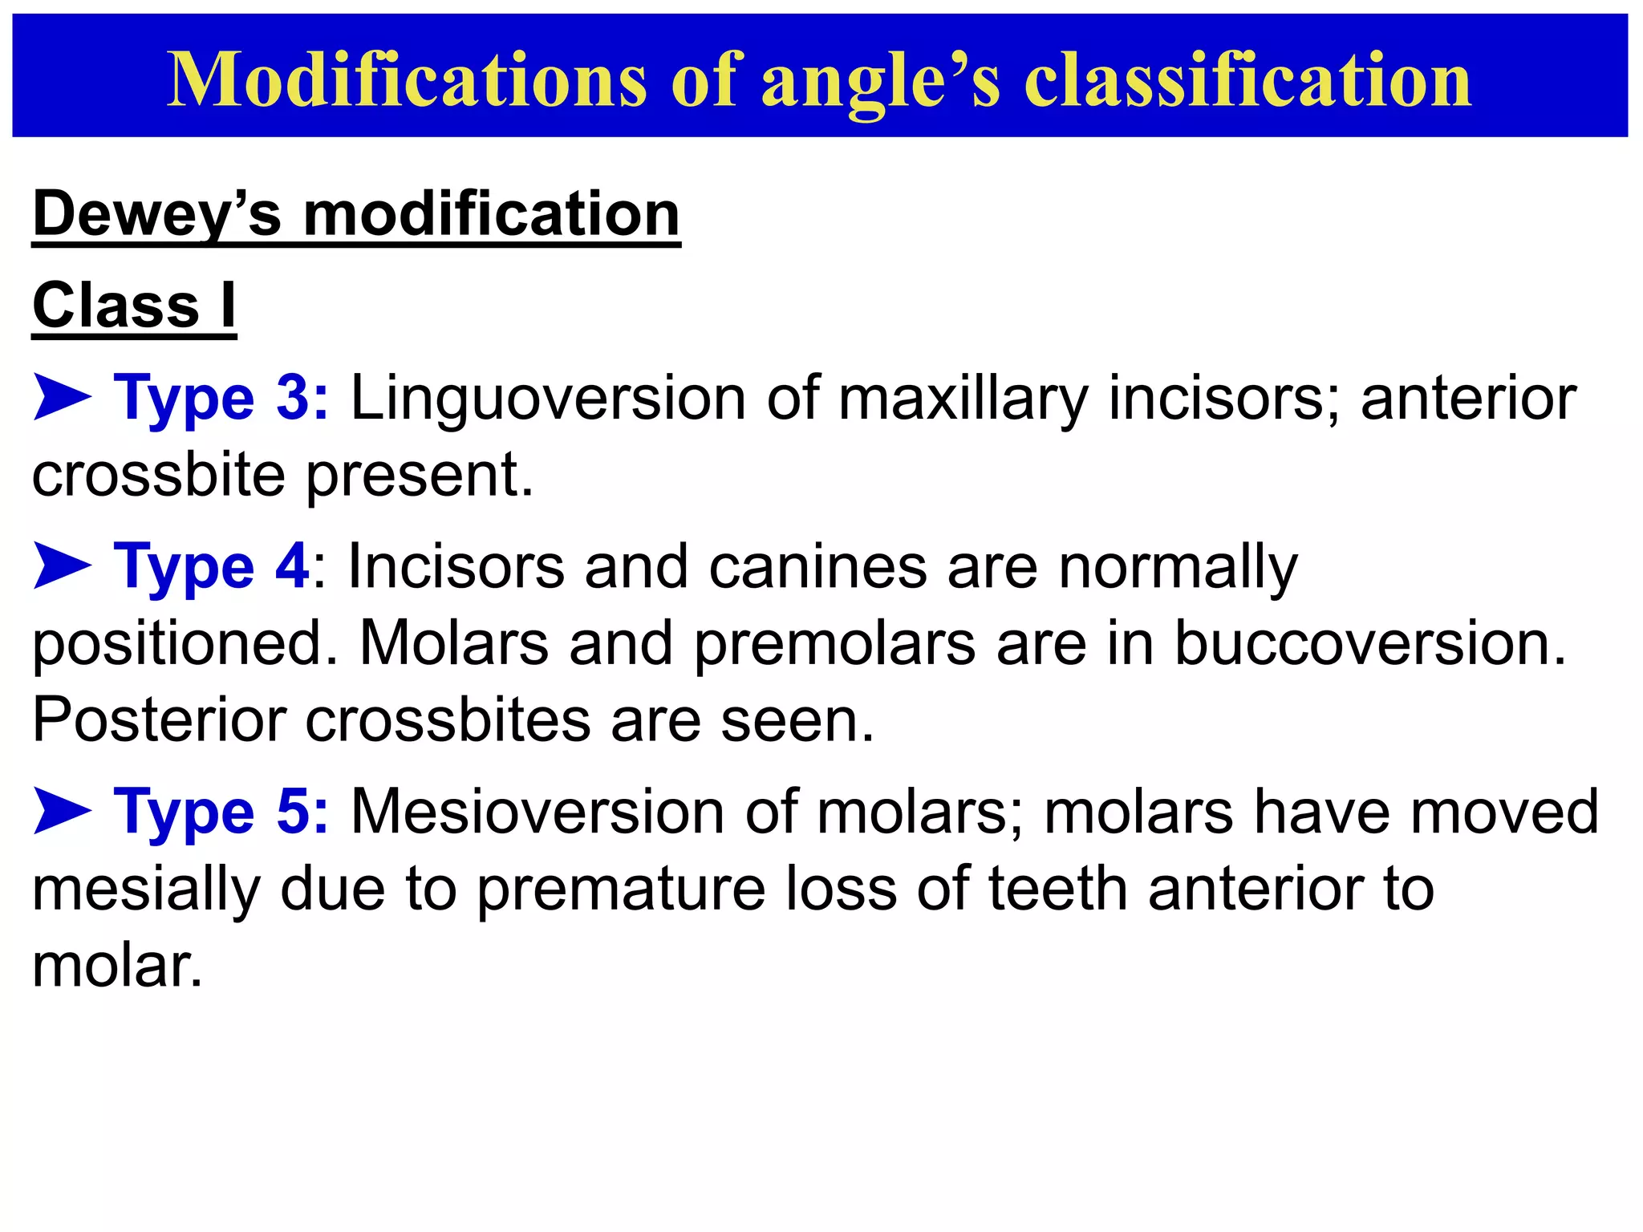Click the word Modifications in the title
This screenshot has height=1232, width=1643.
[x=407, y=79]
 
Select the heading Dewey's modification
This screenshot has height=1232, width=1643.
[x=356, y=214]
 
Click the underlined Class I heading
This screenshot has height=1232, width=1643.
[x=134, y=306]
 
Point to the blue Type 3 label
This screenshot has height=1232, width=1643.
[x=221, y=399]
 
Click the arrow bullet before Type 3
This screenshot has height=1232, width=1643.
[x=62, y=399]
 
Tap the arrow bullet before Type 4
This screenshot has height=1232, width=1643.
[x=62, y=565]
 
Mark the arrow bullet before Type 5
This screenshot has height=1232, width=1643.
[x=62, y=811]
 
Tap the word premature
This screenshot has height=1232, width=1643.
[x=622, y=890]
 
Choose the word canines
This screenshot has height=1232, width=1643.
[x=817, y=567]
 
